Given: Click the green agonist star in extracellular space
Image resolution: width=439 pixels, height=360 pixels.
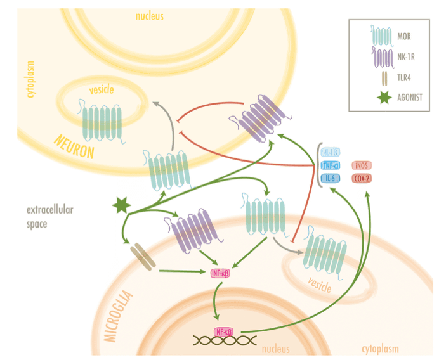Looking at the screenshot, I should tap(121, 205).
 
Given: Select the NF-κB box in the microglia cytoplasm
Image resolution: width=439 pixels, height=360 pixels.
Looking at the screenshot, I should tap(219, 273).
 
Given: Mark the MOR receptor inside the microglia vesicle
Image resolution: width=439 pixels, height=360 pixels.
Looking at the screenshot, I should tap(325, 256).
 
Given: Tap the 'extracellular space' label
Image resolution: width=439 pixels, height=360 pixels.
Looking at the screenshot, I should tap(47, 216).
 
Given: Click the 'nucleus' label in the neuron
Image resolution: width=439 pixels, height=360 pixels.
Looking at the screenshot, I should tap(150, 16).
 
